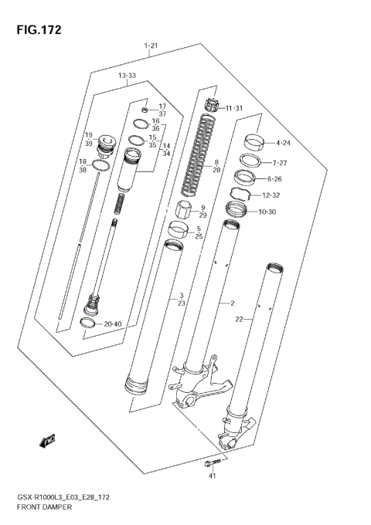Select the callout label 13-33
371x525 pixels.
[x=127, y=75]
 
